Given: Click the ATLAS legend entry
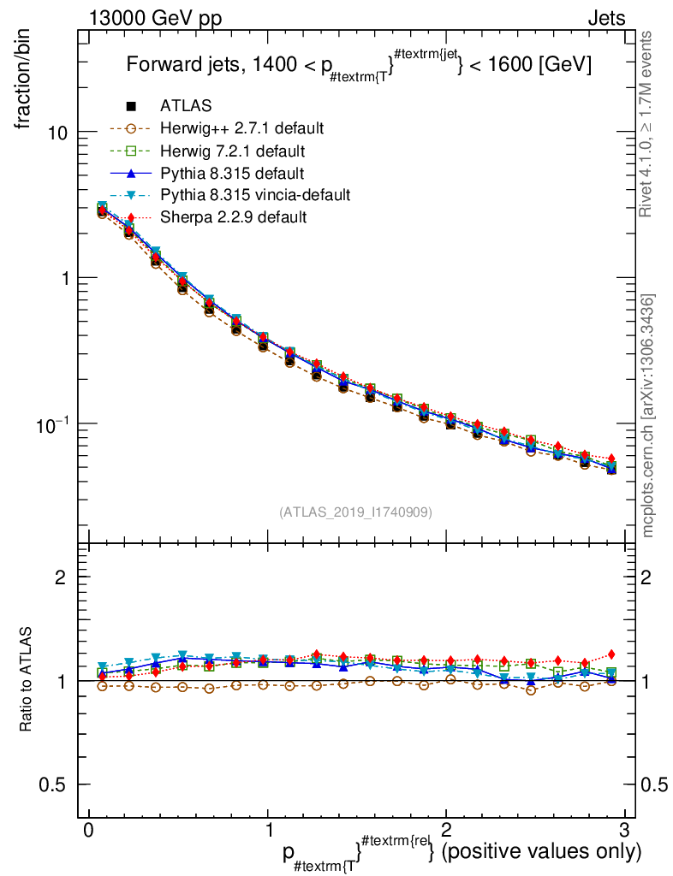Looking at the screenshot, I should coord(185,106).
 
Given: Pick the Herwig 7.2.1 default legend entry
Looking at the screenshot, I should coord(232,151).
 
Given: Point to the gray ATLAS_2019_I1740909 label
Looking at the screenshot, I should coord(355,512).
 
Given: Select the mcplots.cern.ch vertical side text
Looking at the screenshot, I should coord(648,416).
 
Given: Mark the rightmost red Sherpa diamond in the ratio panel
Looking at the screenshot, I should coord(611,654).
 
